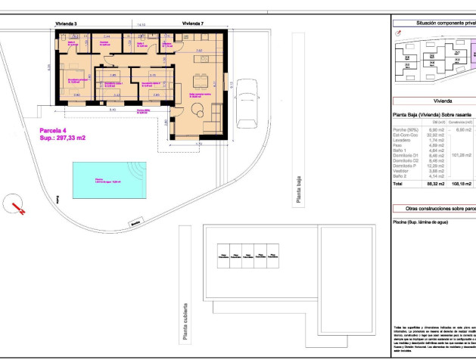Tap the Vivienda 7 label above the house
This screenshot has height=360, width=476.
coord(193,24)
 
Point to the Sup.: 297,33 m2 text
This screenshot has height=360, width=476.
coord(62,138)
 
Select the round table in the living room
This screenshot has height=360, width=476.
coord(198,112)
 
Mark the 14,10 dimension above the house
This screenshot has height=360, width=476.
coord(141,24)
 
